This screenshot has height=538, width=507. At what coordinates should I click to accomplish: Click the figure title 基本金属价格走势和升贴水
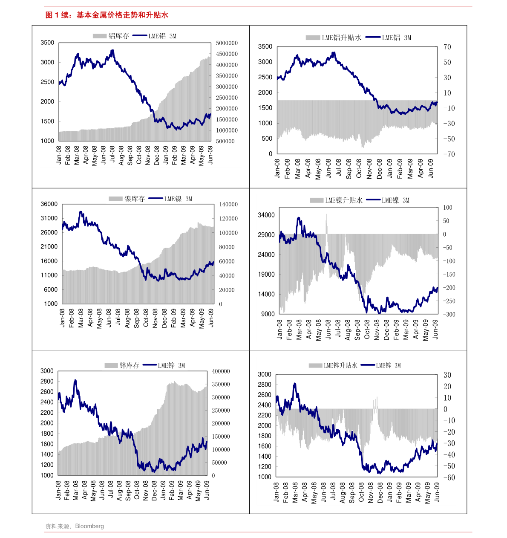click(122, 15)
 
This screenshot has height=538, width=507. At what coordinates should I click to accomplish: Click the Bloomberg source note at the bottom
click(75, 526)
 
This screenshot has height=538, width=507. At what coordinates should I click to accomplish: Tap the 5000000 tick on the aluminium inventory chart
click(227, 43)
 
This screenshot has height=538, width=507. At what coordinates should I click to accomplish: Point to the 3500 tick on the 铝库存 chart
click(47, 43)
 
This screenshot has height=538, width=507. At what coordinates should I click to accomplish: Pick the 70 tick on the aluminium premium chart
click(447, 47)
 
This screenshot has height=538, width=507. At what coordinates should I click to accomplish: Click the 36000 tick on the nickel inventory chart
click(49, 204)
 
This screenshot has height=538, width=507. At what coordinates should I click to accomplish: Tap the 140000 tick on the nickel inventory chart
click(228, 205)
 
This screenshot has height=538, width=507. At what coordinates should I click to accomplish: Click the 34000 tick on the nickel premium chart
click(266, 215)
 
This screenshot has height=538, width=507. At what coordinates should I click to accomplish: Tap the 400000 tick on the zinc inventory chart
click(221, 371)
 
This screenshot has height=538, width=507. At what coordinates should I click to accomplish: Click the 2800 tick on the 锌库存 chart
click(47, 382)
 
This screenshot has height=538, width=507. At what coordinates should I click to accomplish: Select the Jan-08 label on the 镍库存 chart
click(63, 318)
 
